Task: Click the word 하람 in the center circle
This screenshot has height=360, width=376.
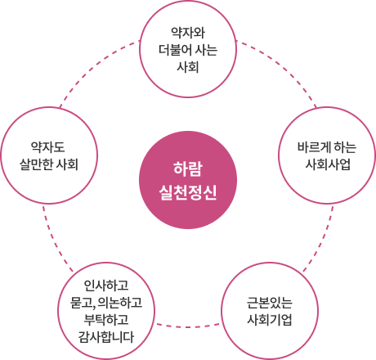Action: point(188,169)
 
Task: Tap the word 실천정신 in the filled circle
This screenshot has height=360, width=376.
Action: point(188,192)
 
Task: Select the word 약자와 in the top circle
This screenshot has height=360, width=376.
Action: point(188,33)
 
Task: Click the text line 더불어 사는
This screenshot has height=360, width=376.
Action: point(188,50)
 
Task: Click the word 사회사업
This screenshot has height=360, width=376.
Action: point(327,164)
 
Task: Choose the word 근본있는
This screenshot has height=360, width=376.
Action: point(270,302)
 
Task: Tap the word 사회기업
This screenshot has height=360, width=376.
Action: point(270,319)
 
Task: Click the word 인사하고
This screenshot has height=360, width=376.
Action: point(106,286)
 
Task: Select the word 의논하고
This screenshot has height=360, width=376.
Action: point(119,302)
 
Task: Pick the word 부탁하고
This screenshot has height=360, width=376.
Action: point(106,319)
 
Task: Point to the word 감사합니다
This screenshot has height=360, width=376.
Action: point(106,336)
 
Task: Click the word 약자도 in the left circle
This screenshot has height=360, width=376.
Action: point(48,147)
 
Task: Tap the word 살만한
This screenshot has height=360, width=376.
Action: point(36,164)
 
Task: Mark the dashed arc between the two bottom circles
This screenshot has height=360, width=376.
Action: point(188,326)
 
